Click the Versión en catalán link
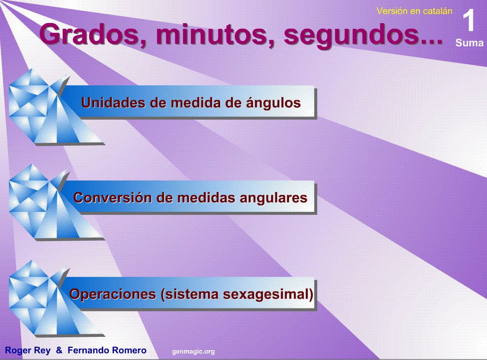414,11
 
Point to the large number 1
470,21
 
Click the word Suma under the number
469,43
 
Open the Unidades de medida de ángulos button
191,102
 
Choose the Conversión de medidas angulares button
190,198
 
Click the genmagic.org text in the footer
193,351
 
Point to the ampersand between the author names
59,350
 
